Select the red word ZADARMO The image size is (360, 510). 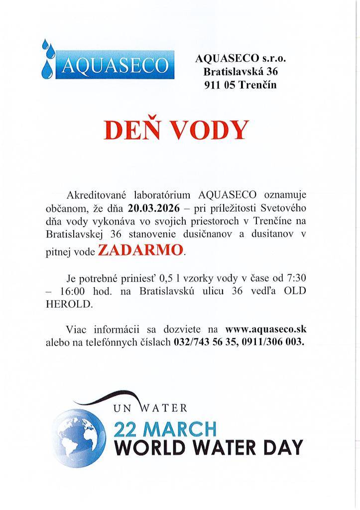pyautogui.click(x=140, y=250)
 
